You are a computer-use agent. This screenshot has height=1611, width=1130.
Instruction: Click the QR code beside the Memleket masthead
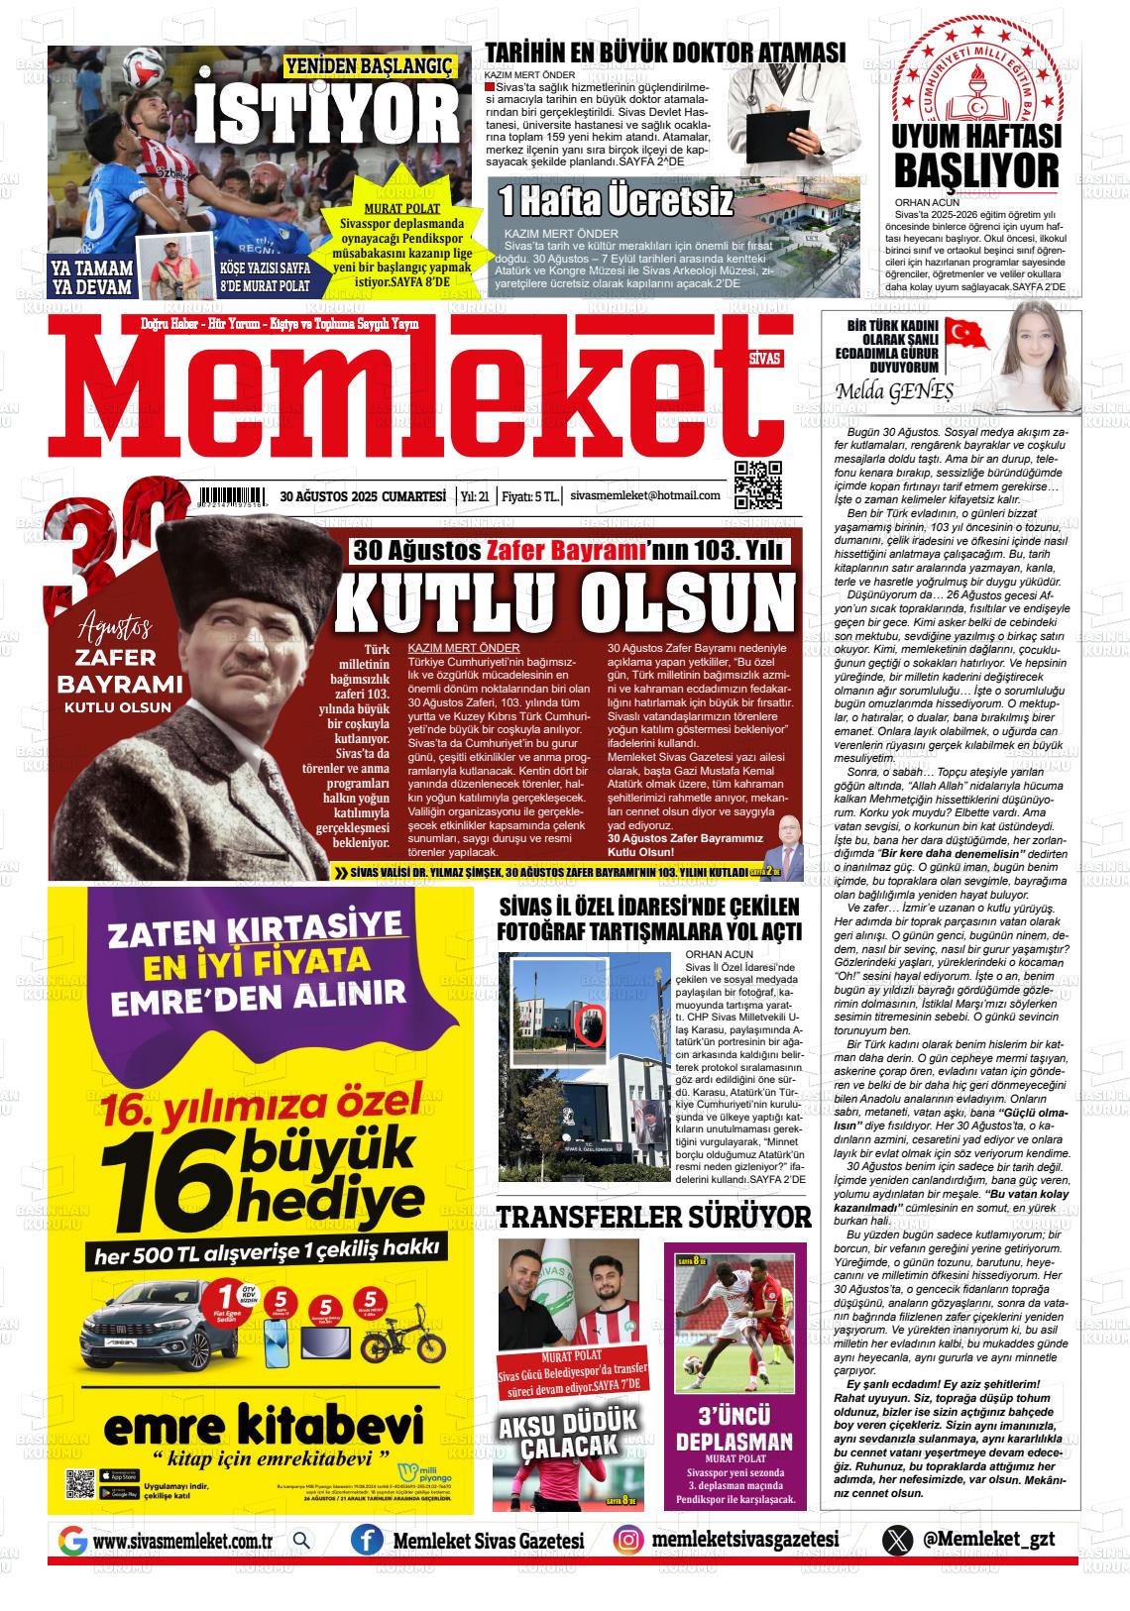click(x=757, y=484)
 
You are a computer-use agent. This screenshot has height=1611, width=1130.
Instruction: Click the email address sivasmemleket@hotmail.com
click(x=645, y=495)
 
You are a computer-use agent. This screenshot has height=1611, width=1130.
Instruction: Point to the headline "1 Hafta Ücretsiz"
click(x=616, y=201)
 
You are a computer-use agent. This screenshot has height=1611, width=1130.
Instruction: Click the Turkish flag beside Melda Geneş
click(x=965, y=333)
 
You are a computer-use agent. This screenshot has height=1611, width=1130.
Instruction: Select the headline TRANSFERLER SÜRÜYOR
click(x=653, y=1217)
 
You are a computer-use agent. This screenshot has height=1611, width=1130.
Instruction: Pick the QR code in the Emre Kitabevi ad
click(x=80, y=1484)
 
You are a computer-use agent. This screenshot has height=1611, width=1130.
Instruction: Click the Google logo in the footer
click(x=72, y=1541)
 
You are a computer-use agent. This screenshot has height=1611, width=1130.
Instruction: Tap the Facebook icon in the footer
click(x=367, y=1541)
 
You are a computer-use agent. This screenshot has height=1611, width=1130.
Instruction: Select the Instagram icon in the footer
click(x=626, y=1541)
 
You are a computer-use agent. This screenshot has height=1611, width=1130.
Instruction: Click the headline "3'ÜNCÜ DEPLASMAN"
click(x=734, y=1428)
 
